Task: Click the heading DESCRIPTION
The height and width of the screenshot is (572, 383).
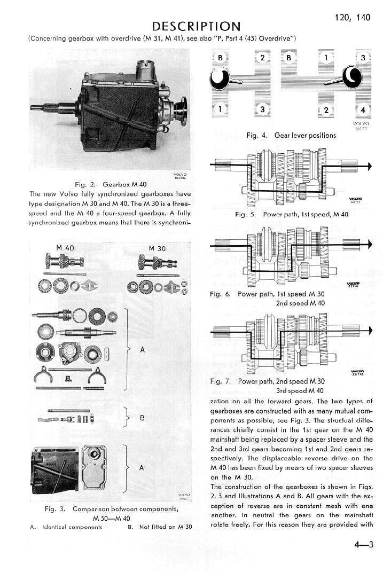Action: pyautogui.click(x=196, y=26)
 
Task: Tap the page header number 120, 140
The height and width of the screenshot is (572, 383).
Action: pyautogui.click(x=352, y=17)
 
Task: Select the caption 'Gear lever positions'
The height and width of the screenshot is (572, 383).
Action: pyautogui.click(x=305, y=135)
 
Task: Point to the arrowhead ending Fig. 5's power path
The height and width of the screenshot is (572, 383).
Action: pyautogui.click(x=369, y=166)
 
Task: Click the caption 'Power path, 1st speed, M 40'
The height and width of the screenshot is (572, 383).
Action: pyautogui.click(x=306, y=214)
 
